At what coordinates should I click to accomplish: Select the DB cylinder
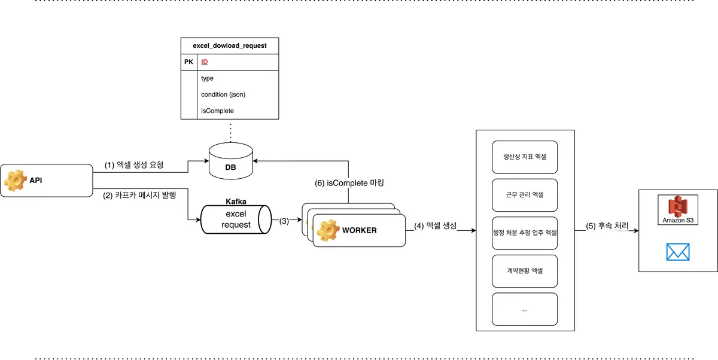[230, 162]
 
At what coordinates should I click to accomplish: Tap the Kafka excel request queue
[235, 219]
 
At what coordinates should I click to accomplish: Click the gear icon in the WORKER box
[328, 230]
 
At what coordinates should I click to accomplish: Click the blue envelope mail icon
[678, 252]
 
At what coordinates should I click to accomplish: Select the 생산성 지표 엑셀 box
[525, 157]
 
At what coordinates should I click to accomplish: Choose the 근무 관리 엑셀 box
[525, 195]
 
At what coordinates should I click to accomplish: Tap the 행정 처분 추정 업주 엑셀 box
[525, 233]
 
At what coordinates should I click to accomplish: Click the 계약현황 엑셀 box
[525, 270]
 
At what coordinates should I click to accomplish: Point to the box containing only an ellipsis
[525, 309]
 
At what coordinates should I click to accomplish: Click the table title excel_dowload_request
[230, 45]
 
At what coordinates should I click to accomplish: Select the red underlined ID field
[205, 62]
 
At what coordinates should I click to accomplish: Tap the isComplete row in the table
[217, 111]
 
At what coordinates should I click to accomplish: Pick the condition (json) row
[223, 94]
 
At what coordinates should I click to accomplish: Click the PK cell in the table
[188, 62]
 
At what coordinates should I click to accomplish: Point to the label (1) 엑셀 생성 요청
[134, 164]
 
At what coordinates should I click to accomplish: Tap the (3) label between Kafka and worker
[284, 220]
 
